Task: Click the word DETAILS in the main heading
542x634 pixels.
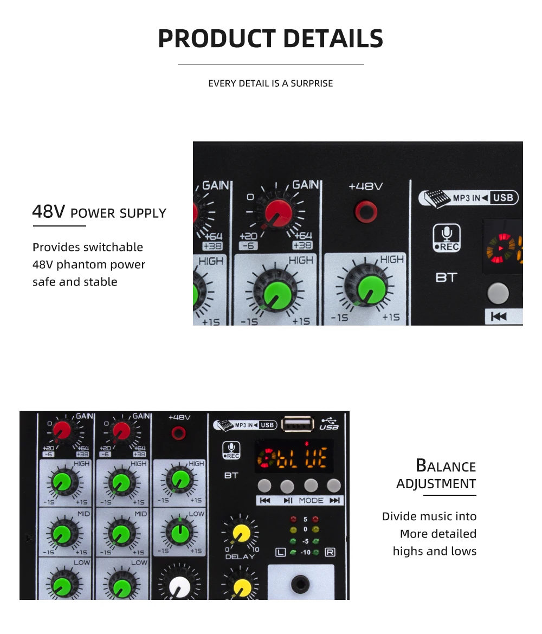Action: (x=333, y=38)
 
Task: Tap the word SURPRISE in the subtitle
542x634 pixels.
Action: (x=312, y=83)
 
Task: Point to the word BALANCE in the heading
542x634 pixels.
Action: (x=446, y=466)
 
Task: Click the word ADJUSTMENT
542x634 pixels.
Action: (x=436, y=484)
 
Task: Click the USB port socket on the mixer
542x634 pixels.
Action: (x=296, y=425)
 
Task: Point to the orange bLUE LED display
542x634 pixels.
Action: (x=294, y=460)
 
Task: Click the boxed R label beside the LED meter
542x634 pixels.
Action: (x=330, y=553)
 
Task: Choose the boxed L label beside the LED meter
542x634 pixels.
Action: (x=280, y=553)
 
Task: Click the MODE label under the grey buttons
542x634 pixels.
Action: (x=311, y=501)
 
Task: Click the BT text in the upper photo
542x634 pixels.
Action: (x=447, y=277)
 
